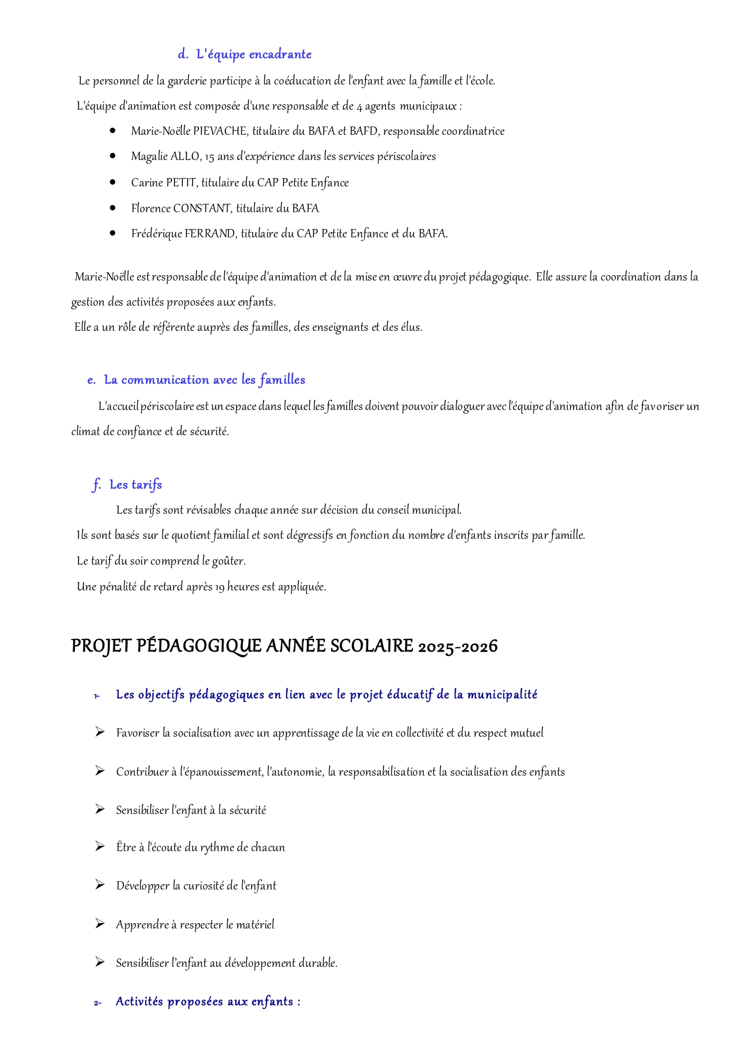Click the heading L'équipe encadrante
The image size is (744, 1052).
click(x=254, y=55)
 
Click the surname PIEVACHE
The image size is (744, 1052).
click(x=220, y=131)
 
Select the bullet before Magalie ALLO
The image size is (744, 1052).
click(x=113, y=156)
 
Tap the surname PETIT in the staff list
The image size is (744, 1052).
click(x=181, y=183)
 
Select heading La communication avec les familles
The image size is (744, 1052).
click(x=204, y=380)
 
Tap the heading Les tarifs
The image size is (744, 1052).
click(x=135, y=485)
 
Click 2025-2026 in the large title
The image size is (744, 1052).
click(x=457, y=647)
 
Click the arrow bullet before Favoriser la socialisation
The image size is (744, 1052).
click(x=100, y=733)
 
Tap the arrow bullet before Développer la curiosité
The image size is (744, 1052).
click(x=100, y=885)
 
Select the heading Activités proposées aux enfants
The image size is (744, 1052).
click(x=207, y=1002)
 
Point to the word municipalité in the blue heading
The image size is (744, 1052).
click(x=502, y=695)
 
